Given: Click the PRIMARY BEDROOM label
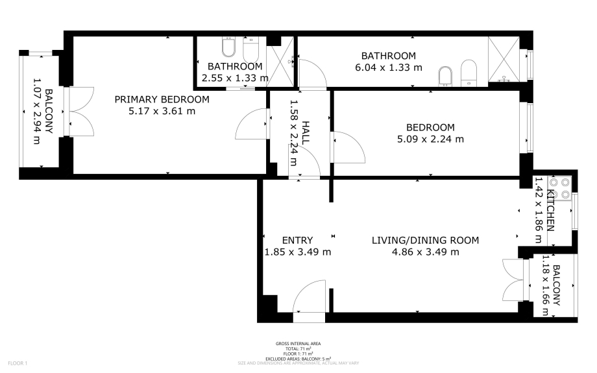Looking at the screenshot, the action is pos(162,99).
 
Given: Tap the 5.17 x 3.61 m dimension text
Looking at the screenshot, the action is pos(162,111).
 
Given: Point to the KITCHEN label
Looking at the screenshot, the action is pos(550,210).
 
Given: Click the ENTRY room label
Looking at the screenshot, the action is pos(297,240).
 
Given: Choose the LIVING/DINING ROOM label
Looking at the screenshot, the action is pos(425,240).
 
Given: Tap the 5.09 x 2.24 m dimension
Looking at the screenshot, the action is pos(430,139).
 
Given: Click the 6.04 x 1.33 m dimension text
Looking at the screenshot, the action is pos(388,67).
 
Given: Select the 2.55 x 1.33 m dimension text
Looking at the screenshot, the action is pos(235,78).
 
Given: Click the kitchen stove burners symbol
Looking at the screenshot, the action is pos(559,188).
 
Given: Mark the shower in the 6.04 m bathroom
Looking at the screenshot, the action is pos(504,60).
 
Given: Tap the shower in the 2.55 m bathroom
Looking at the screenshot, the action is pos(280,66).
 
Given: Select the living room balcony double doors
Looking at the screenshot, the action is pos(514,280).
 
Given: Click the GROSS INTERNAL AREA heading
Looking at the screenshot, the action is pos(298,343).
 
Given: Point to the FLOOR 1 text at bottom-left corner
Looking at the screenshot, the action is pos(18,363).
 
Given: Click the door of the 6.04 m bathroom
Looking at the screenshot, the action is pos(313,74).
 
